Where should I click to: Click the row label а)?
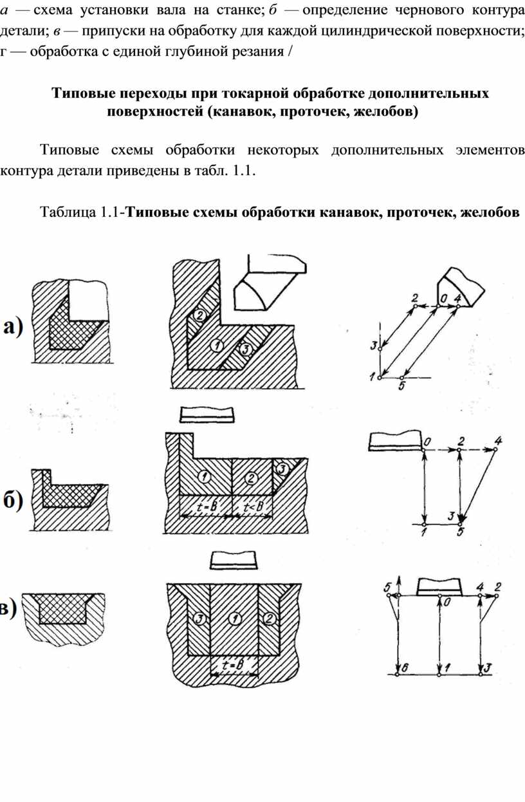[14, 327]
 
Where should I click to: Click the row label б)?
[14, 501]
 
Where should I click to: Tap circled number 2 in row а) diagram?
[199, 315]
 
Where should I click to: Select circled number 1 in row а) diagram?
[217, 346]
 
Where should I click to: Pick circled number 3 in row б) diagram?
[282, 469]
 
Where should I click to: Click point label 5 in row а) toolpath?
[401, 386]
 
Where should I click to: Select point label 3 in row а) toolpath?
[374, 346]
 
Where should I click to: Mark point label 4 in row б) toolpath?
[498, 440]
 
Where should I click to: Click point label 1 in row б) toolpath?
[424, 532]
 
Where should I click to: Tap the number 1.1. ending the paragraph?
[243, 171]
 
